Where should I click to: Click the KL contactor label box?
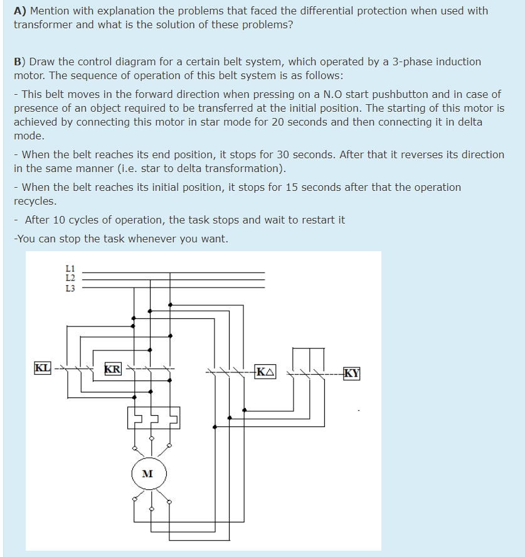[43, 367]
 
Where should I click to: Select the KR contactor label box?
[113, 369]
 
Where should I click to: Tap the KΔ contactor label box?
[265, 371]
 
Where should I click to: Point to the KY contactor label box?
[353, 373]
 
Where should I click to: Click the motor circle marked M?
[149, 473]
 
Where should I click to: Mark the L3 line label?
[70, 288]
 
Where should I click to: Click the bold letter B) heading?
[20, 62]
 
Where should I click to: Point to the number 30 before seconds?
[290, 154]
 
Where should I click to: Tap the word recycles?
[35, 201]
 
